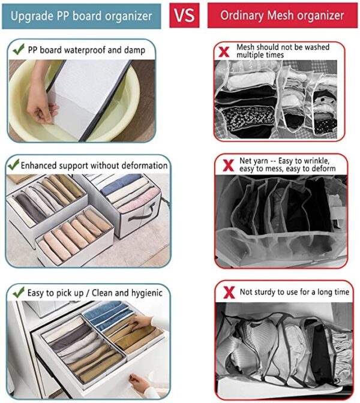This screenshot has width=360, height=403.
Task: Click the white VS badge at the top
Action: pos(184,15)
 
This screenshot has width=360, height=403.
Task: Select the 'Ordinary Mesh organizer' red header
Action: pos(278,15)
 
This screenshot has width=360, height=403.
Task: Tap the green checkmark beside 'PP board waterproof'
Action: pos(19,49)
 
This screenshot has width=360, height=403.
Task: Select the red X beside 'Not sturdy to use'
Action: pos(227,292)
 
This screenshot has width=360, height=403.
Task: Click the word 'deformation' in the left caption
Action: pos(144,165)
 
